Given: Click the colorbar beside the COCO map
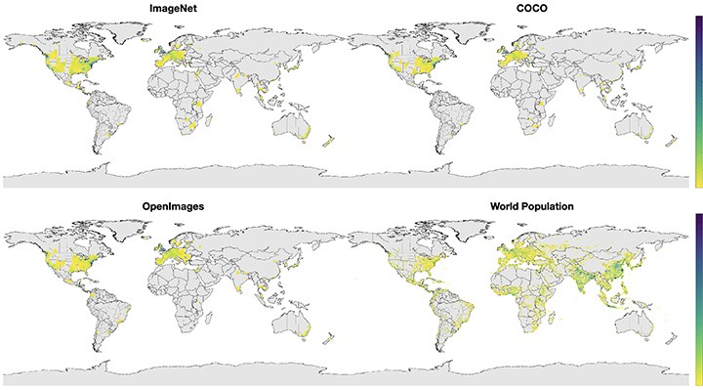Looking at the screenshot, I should [x=695, y=108].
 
